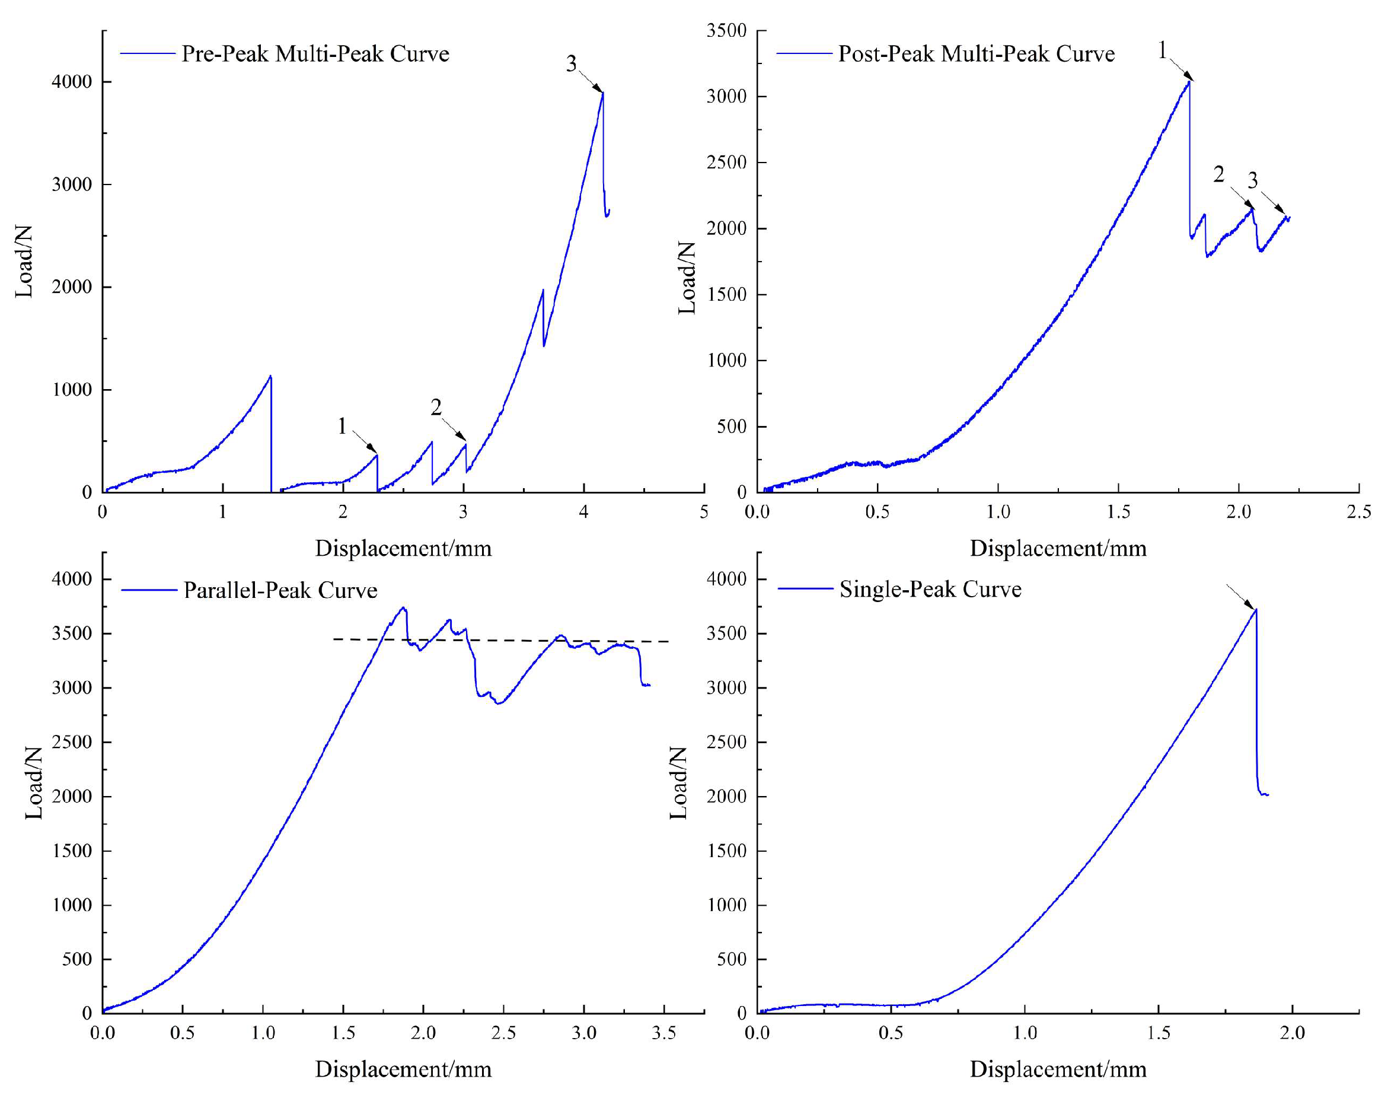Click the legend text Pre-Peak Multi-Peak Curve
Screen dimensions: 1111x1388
pos(315,53)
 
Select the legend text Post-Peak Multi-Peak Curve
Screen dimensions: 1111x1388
pos(976,53)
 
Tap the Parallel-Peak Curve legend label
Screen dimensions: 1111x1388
pos(280,590)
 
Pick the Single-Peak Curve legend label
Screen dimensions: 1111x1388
pos(930,588)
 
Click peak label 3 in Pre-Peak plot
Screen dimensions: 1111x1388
pos(571,63)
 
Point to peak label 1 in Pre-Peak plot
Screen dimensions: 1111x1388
pos(342,426)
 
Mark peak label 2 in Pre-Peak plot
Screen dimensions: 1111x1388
pos(436,407)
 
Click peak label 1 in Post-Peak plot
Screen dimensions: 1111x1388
pos(1162,50)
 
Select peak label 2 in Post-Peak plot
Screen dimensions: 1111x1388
pos(1218,174)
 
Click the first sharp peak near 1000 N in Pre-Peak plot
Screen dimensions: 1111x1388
pos(270,377)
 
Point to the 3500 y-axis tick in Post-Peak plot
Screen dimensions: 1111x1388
pos(727,30)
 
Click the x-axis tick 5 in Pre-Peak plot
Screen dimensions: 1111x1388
pos(704,512)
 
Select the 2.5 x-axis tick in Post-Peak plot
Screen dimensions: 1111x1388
pos(1358,512)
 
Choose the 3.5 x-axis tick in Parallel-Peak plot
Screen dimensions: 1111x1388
pos(663,1033)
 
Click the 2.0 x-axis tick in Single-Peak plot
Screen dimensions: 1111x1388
pos(1292,1033)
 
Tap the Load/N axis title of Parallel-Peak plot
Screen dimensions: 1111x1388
pos(33,782)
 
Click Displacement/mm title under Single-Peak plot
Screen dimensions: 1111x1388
pos(1058,1069)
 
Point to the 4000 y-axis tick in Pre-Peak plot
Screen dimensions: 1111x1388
pos(72,82)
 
